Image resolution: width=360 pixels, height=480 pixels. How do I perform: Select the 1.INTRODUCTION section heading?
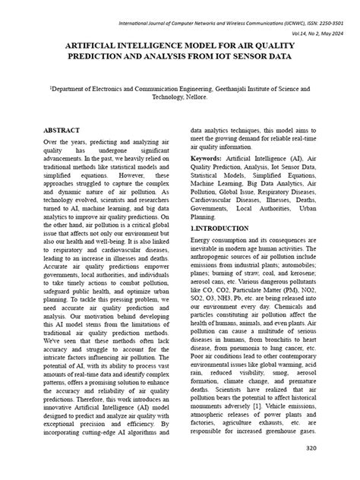(219, 228)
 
